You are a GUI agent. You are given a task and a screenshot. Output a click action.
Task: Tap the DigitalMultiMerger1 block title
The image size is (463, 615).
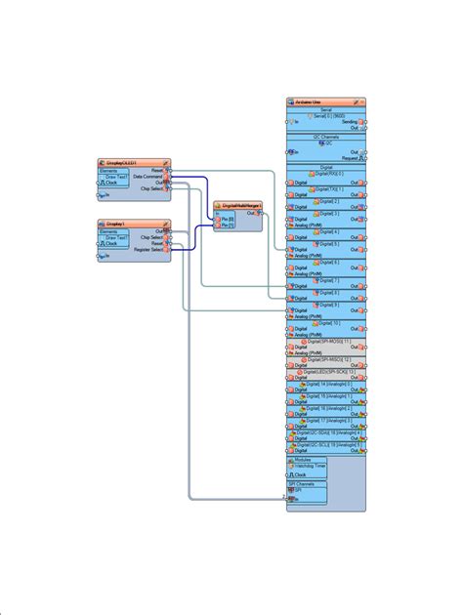click(238, 205)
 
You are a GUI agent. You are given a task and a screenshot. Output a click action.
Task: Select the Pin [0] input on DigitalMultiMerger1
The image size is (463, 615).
click(228, 219)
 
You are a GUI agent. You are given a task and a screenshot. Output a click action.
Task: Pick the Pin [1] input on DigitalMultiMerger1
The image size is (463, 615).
click(228, 225)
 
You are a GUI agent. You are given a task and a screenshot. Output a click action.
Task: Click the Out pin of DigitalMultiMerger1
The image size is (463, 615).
click(253, 212)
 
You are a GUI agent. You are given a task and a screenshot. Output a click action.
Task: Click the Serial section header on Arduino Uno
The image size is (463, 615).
click(326, 110)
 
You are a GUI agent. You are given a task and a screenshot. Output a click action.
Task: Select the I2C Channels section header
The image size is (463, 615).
click(326, 136)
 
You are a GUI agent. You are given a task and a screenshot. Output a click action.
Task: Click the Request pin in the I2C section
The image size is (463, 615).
click(350, 157)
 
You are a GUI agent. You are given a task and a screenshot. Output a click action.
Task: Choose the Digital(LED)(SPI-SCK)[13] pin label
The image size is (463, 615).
click(326, 372)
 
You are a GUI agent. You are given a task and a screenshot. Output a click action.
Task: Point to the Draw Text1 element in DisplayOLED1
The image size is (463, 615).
click(117, 177)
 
